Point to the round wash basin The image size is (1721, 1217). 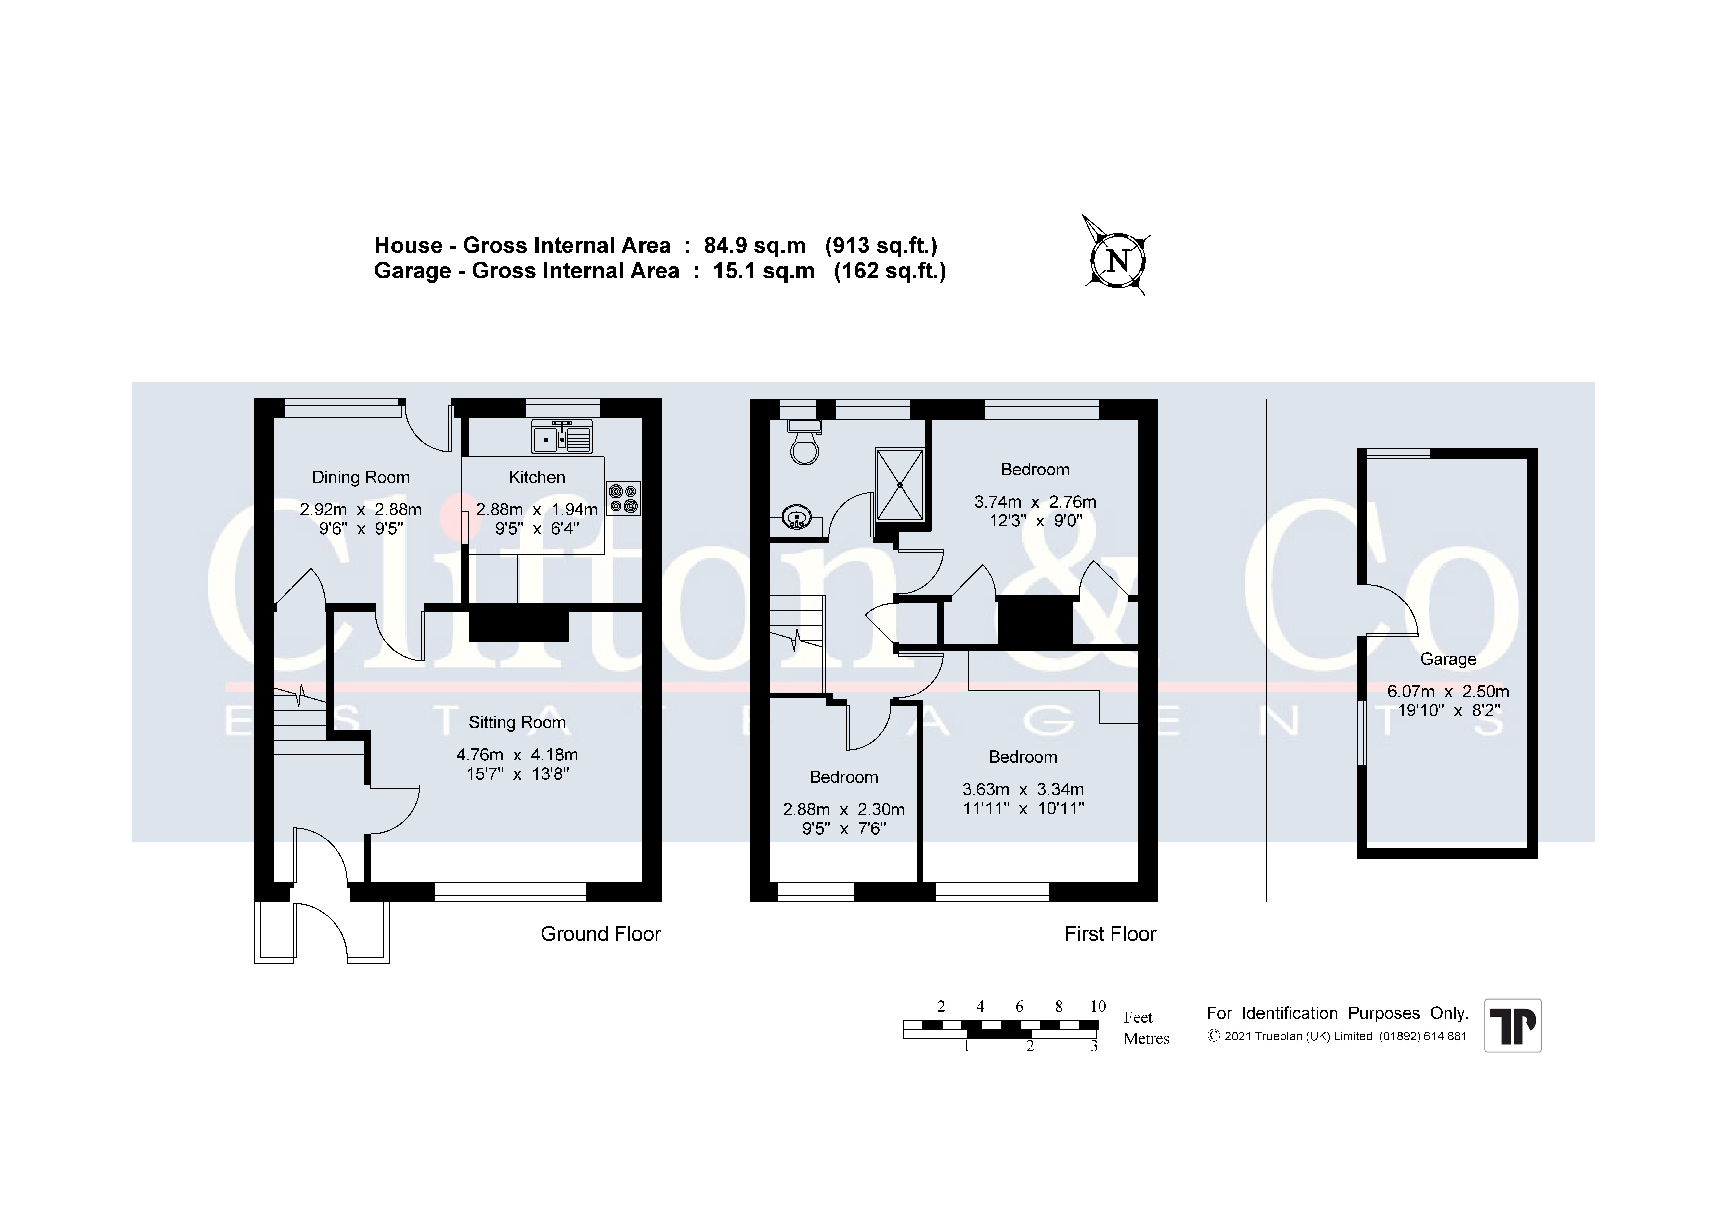[795, 517]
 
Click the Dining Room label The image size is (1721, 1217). [361, 478]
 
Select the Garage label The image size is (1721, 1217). [1448, 659]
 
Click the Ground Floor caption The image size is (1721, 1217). [600, 934]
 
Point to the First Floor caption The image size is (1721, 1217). [1110, 934]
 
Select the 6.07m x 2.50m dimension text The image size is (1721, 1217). [1448, 691]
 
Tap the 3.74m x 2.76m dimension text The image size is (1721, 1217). [1035, 502]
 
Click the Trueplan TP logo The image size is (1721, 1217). [1513, 1025]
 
